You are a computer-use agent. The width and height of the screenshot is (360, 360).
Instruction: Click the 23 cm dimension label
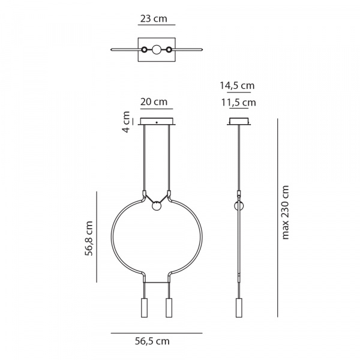[x=154, y=19]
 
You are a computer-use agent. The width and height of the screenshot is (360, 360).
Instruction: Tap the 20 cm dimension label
[x=154, y=102]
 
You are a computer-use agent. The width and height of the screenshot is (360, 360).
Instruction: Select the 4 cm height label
[x=126, y=122]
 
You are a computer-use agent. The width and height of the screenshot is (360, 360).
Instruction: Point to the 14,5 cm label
[x=237, y=86]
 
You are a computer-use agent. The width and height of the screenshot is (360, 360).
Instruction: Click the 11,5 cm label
[x=238, y=103]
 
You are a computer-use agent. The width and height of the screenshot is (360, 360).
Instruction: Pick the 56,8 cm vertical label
[x=89, y=238]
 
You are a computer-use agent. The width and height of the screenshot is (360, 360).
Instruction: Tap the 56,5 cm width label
[x=152, y=341]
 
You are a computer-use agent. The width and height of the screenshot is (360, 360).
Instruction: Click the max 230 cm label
[x=285, y=212]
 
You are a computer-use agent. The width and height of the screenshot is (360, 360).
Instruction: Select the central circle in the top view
[x=157, y=50]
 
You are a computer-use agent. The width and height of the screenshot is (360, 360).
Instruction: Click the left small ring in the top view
[x=144, y=50]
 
